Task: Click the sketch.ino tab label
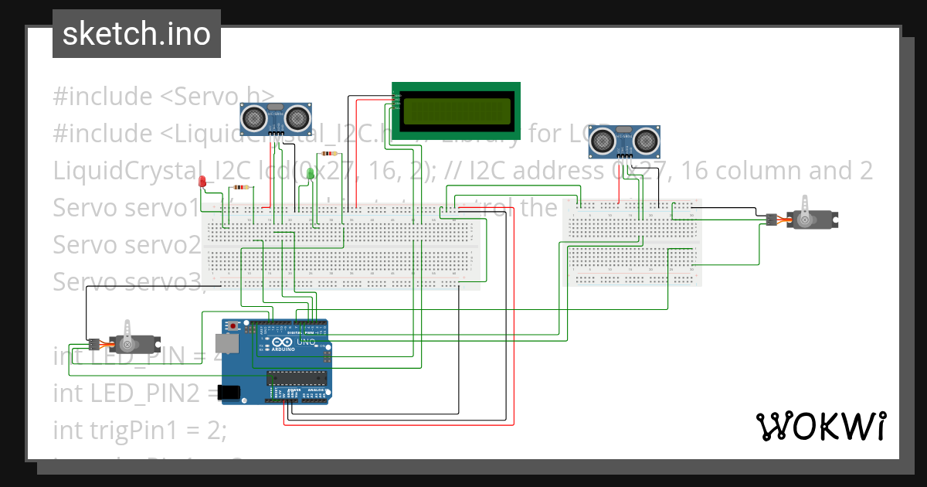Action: click(x=136, y=34)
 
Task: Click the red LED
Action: click(x=202, y=182)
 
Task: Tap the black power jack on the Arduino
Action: click(x=230, y=393)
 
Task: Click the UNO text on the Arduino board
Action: click(x=305, y=342)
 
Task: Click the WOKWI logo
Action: click(x=820, y=426)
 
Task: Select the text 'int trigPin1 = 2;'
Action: click(x=139, y=429)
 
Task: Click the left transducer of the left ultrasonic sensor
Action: click(x=253, y=117)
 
